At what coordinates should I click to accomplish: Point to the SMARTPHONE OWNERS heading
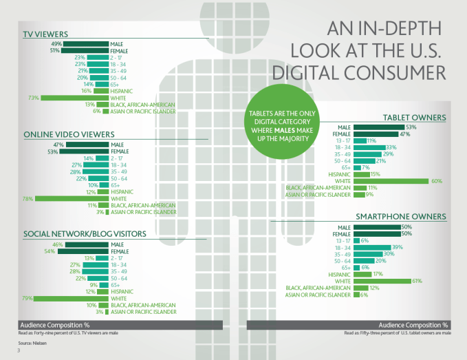coord(401,217)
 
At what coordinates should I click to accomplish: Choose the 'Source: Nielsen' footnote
coord(33,342)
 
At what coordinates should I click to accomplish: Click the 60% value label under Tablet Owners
coord(436,180)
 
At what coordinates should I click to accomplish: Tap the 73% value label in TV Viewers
coord(31,98)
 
